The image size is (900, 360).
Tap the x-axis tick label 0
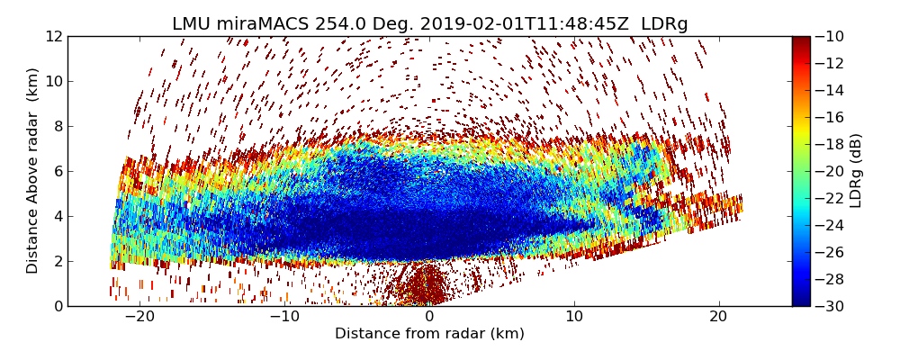[429, 317]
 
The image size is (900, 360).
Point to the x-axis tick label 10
[574, 317]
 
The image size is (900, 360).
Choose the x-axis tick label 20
[718, 317]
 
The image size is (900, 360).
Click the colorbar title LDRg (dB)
[856, 171]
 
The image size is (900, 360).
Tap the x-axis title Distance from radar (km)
[429, 334]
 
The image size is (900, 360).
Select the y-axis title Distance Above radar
[33, 171]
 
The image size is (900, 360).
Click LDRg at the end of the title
[664, 24]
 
